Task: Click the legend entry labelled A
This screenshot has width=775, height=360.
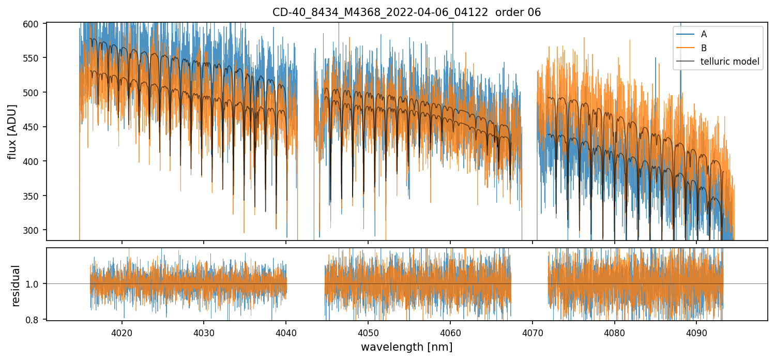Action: click(x=704, y=34)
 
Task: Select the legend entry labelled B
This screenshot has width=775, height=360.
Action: click(x=704, y=48)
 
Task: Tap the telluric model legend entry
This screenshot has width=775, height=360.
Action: click(x=730, y=62)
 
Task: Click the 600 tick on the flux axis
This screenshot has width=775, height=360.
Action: click(x=34, y=24)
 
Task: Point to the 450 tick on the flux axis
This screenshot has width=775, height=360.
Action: click(x=34, y=127)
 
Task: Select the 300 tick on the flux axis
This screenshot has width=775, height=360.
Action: click(x=34, y=230)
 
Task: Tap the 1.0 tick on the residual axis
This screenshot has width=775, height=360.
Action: click(x=36, y=284)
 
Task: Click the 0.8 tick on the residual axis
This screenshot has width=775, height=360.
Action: click(x=36, y=320)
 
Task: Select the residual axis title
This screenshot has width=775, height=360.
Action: click(x=16, y=286)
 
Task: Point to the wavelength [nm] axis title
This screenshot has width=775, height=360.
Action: click(x=406, y=347)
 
